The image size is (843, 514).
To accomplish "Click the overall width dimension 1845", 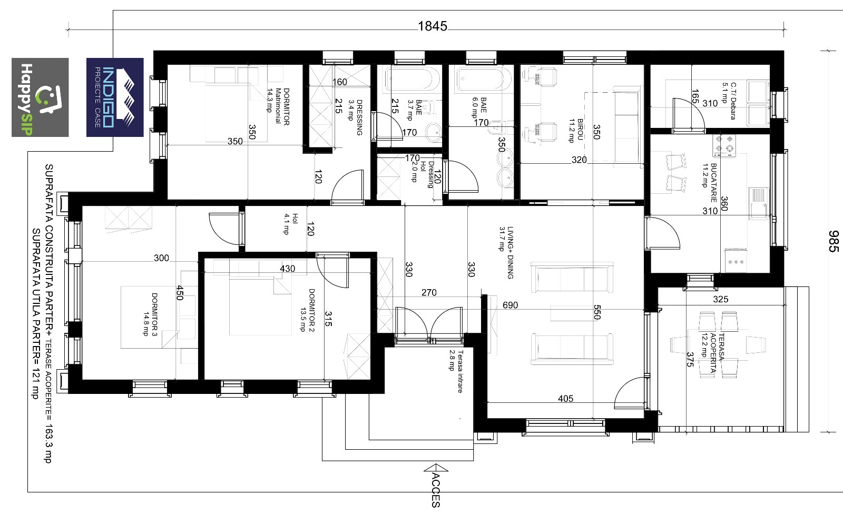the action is [433, 26].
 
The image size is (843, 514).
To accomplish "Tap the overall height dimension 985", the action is [833, 241].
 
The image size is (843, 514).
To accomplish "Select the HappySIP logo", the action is [40, 97].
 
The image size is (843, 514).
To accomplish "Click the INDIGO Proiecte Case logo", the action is [115, 97].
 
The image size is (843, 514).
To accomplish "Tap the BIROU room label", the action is [576, 131].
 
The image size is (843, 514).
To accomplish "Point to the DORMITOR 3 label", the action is [150, 314].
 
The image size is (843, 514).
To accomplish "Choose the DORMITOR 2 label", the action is [307, 310].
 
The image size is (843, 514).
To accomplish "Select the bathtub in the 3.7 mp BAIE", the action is [411, 80].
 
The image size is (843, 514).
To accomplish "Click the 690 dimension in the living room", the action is [511, 305].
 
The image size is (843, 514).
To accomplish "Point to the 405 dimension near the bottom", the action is [566, 399].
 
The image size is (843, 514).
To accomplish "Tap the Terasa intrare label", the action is [455, 371].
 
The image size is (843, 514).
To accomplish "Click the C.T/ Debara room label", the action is [729, 101].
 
